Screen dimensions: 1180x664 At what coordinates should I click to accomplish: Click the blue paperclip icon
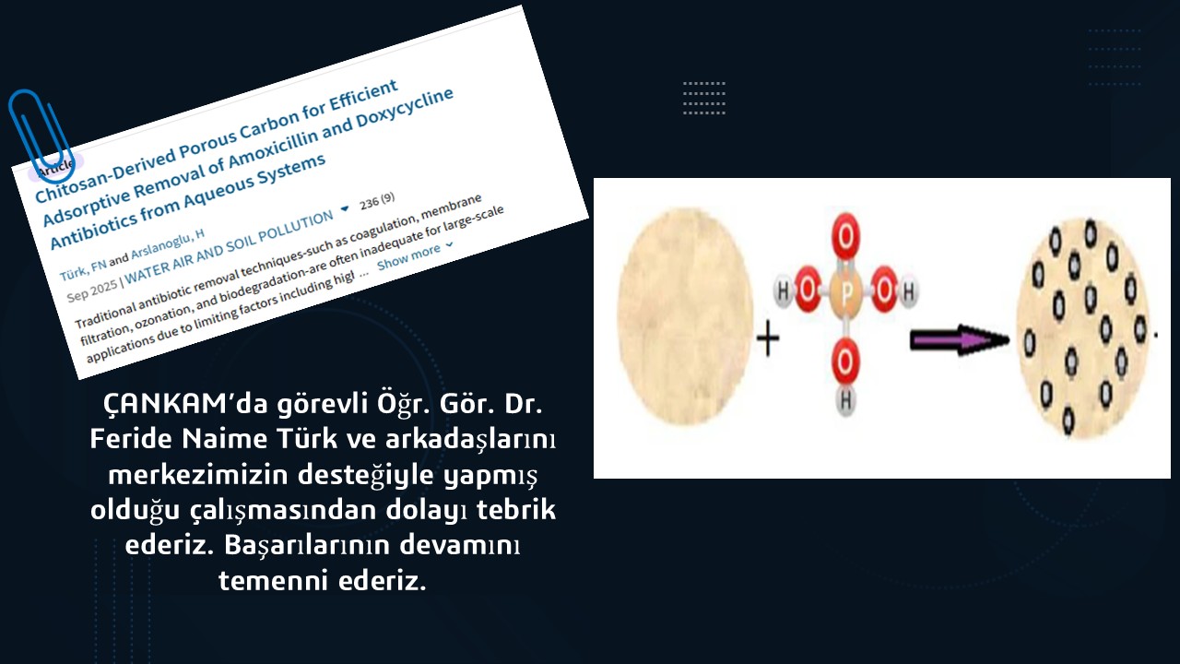41,136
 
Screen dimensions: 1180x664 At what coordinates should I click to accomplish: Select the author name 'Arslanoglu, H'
168,245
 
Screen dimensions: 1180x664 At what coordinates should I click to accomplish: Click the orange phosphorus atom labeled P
845,291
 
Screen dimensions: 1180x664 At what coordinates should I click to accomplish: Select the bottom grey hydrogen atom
845,400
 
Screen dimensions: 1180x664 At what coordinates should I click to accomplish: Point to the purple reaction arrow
960,340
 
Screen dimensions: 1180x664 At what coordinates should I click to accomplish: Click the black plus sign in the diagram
768,338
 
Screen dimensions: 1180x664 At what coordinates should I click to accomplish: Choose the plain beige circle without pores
685,315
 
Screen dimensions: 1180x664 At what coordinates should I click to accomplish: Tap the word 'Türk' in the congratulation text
307,438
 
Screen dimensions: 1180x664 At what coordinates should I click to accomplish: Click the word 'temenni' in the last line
274,581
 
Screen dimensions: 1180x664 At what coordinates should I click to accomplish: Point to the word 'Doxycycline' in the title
405,108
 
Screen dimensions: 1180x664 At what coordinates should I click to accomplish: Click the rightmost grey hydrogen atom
909,291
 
